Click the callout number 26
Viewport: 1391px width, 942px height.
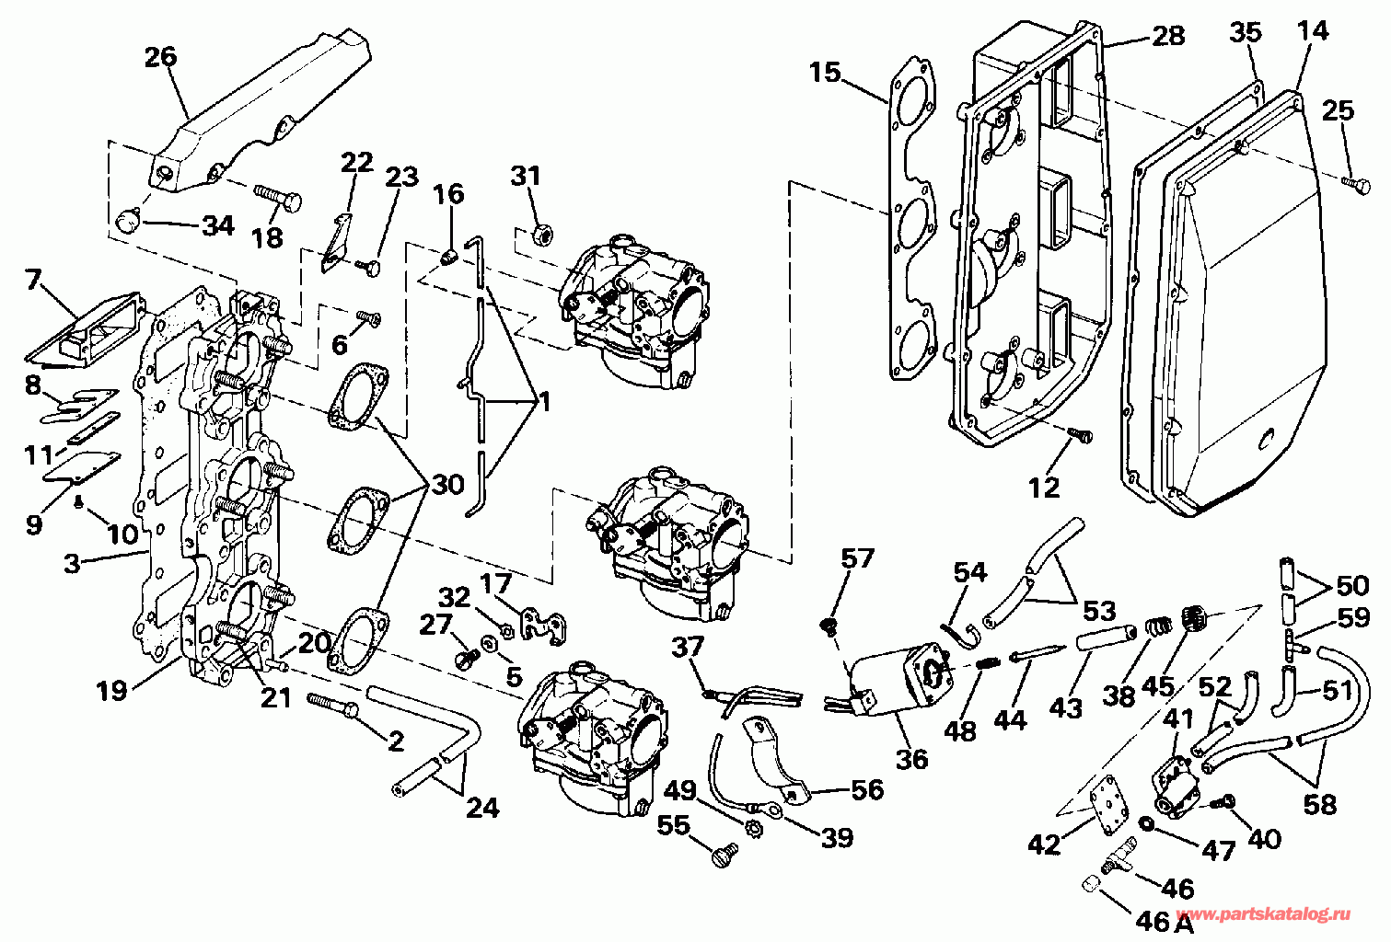coord(161,58)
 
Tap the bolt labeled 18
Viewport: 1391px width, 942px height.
coord(275,197)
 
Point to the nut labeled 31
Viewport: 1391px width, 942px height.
coord(543,235)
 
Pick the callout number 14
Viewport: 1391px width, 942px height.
coord(1312,31)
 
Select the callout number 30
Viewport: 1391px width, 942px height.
coord(447,484)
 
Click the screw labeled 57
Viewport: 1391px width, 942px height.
coord(828,626)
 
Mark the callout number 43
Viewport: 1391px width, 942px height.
coord(1066,707)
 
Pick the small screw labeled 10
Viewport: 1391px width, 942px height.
coord(80,501)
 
